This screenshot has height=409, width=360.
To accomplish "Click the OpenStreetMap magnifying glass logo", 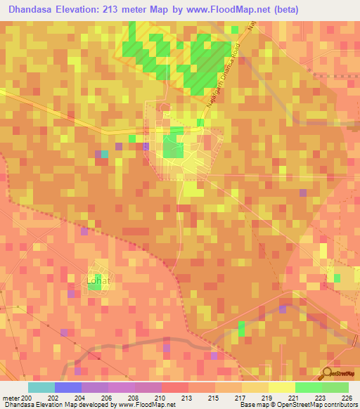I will coord(328,373).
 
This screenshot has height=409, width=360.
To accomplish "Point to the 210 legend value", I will coord(162,398).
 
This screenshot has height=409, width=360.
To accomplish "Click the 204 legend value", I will coord(82,398).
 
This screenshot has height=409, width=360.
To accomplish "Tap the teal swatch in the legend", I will coord(41,387).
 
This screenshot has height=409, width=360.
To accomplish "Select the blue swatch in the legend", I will coord(68,387).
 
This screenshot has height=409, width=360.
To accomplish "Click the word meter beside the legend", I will coord(10,398).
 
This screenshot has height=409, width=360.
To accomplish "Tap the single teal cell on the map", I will coord(105,154).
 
